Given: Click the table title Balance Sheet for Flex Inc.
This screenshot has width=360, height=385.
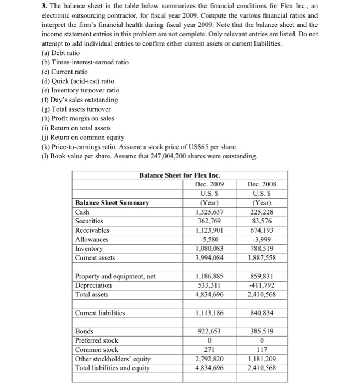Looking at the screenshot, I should click(179, 175).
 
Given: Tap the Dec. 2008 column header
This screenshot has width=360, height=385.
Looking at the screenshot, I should click(263, 184).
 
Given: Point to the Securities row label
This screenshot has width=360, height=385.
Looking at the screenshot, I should click(89, 221).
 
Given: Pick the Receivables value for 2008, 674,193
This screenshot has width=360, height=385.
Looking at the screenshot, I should click(263, 230).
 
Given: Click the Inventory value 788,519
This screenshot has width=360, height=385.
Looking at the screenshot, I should click(263, 249).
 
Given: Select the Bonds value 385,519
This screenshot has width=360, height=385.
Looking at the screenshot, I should click(263, 332).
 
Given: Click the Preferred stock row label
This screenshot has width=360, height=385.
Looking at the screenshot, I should click(96, 340).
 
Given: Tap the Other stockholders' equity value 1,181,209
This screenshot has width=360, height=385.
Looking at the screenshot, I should click(263, 359).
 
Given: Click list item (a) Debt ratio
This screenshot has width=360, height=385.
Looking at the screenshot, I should click(60, 52).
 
